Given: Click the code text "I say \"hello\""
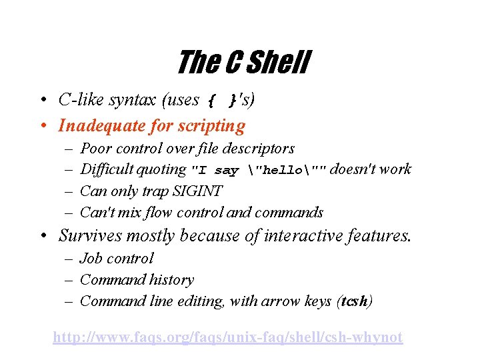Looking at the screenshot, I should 259,170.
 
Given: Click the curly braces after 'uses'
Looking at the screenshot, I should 219,101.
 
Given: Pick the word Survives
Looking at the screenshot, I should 90,235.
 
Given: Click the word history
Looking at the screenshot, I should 173,280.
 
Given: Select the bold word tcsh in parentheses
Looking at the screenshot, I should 354,301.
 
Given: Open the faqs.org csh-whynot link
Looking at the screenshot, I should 227,337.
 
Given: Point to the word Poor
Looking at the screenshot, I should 95,148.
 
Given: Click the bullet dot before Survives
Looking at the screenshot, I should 42,236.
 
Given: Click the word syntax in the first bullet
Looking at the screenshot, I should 133,100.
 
